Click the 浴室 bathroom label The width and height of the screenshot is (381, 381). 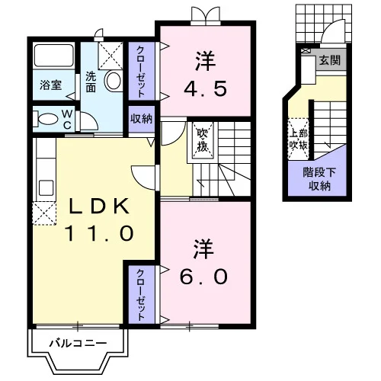(x=51, y=85)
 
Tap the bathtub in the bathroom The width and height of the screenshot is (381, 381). (x=54, y=56)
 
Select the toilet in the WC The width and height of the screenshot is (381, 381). (x=47, y=119)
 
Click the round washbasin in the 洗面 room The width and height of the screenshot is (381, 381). (x=114, y=81)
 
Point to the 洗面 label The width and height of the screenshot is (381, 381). (x=91, y=82)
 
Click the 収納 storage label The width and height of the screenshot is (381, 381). (x=141, y=119)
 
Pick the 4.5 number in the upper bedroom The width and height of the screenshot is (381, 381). (x=205, y=89)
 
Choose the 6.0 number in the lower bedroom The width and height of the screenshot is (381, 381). (x=203, y=277)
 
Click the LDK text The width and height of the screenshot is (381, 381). (x=99, y=207)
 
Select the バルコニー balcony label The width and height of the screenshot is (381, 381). (x=78, y=344)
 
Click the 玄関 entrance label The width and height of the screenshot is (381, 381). (x=330, y=61)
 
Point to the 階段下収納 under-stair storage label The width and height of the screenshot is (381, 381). (x=319, y=179)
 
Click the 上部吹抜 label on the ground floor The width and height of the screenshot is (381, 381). (x=298, y=139)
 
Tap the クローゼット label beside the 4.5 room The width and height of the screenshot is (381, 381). (x=141, y=72)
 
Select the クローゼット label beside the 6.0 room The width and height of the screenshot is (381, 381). (x=141, y=295)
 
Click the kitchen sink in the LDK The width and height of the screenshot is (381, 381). (x=46, y=188)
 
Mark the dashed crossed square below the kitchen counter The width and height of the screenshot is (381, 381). (x=44, y=213)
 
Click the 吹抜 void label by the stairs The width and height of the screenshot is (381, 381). (x=203, y=140)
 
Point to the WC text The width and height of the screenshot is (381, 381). (x=67, y=119)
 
